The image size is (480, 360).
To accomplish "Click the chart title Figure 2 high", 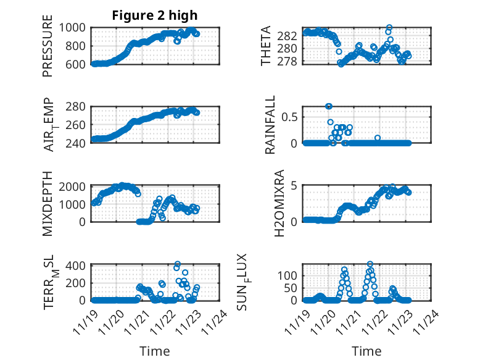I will click(x=154, y=15).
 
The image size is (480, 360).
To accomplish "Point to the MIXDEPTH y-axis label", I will click(x=48, y=203).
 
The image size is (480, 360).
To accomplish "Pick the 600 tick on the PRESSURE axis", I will click(x=79, y=64).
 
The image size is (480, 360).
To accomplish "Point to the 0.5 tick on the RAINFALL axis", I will click(x=292, y=117).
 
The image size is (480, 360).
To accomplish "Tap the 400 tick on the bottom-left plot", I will click(x=79, y=266).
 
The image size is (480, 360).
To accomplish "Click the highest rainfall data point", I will click(x=329, y=106).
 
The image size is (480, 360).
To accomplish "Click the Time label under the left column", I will click(x=155, y=351).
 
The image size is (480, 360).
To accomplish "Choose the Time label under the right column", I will click(x=366, y=351).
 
